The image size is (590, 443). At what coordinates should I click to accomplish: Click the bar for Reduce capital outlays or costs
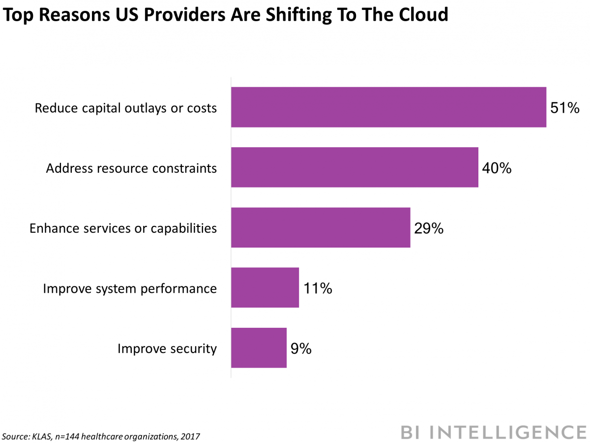tap(388, 107)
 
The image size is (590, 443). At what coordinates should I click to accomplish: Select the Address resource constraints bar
tap(354, 167)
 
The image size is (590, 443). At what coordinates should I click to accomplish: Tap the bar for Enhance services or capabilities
tap(321, 227)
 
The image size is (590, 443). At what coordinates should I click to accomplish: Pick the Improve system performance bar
tap(265, 287)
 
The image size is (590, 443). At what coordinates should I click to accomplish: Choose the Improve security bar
tap(259, 348)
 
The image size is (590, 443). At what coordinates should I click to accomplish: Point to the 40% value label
tap(497, 168)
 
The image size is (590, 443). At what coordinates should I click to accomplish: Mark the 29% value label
tap(429, 228)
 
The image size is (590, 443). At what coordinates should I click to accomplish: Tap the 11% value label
tap(317, 288)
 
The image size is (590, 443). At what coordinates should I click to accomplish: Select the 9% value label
tap(301, 348)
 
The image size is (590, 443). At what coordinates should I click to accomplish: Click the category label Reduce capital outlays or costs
tap(125, 108)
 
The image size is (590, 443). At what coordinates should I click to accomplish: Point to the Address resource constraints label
tap(131, 168)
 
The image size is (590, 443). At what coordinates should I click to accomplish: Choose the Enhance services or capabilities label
tap(123, 228)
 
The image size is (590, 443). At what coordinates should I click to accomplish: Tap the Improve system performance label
tap(130, 288)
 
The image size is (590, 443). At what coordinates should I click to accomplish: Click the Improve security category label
tap(167, 348)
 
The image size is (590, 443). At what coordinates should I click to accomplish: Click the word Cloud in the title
tap(423, 15)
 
